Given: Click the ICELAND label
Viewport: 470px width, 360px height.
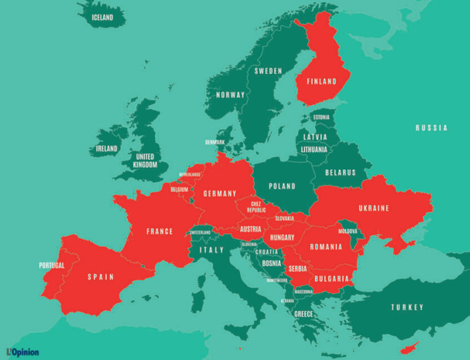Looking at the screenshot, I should (102, 17).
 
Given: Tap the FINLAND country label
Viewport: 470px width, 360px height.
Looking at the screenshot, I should (322, 82).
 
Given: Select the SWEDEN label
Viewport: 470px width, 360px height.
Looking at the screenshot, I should (268, 71).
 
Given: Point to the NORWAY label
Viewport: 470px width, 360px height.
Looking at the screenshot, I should (230, 95).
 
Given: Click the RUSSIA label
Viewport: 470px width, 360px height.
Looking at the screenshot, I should (431, 128).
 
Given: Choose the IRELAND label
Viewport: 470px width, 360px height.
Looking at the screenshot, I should (106, 148).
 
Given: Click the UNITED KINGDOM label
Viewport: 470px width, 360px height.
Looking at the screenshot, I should (144, 161).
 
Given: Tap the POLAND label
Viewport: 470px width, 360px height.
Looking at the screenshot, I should (282, 186).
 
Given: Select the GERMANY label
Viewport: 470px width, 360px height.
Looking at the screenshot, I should (220, 193).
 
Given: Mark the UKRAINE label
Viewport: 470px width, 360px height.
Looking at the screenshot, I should (374, 208).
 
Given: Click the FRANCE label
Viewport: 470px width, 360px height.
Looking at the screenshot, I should (160, 232).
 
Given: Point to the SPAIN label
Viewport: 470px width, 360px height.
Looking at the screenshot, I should (101, 277).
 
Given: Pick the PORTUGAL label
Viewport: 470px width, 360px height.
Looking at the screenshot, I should (52, 265).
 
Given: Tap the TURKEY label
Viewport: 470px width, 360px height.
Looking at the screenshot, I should (408, 307).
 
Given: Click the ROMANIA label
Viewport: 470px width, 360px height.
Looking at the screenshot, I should (326, 247).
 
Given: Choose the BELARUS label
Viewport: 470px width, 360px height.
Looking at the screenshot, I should (340, 173).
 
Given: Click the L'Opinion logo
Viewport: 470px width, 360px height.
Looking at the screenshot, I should (23, 351).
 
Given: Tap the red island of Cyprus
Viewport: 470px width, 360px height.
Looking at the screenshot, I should (409, 347).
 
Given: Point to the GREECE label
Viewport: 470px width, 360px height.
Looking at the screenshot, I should (303, 314).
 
